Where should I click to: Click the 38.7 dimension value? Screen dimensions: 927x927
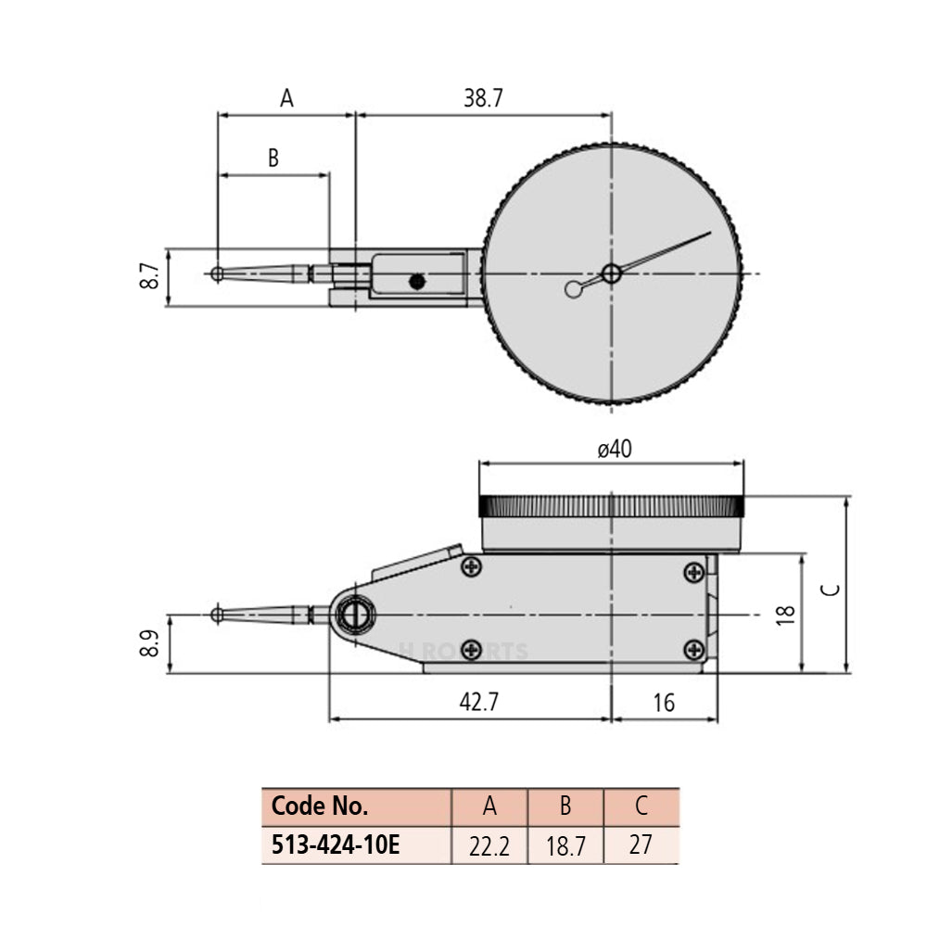click(482, 98)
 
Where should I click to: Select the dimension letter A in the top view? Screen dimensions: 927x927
click(286, 98)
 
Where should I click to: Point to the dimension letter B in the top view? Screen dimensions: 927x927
click(273, 158)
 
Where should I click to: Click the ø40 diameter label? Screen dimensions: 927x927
click(614, 450)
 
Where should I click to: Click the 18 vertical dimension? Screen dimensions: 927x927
click(786, 614)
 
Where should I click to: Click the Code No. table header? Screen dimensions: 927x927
click(320, 806)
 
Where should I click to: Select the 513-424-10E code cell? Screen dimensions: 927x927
click(336, 845)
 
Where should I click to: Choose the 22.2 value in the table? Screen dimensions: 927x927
click(489, 846)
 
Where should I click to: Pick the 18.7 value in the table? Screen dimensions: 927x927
click(565, 846)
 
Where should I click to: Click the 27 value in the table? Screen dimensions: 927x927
click(641, 845)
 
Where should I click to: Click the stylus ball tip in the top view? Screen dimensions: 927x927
click(216, 273)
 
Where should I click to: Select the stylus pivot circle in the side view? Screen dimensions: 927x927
click(354, 614)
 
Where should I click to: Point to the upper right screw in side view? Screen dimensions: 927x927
click(693, 572)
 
